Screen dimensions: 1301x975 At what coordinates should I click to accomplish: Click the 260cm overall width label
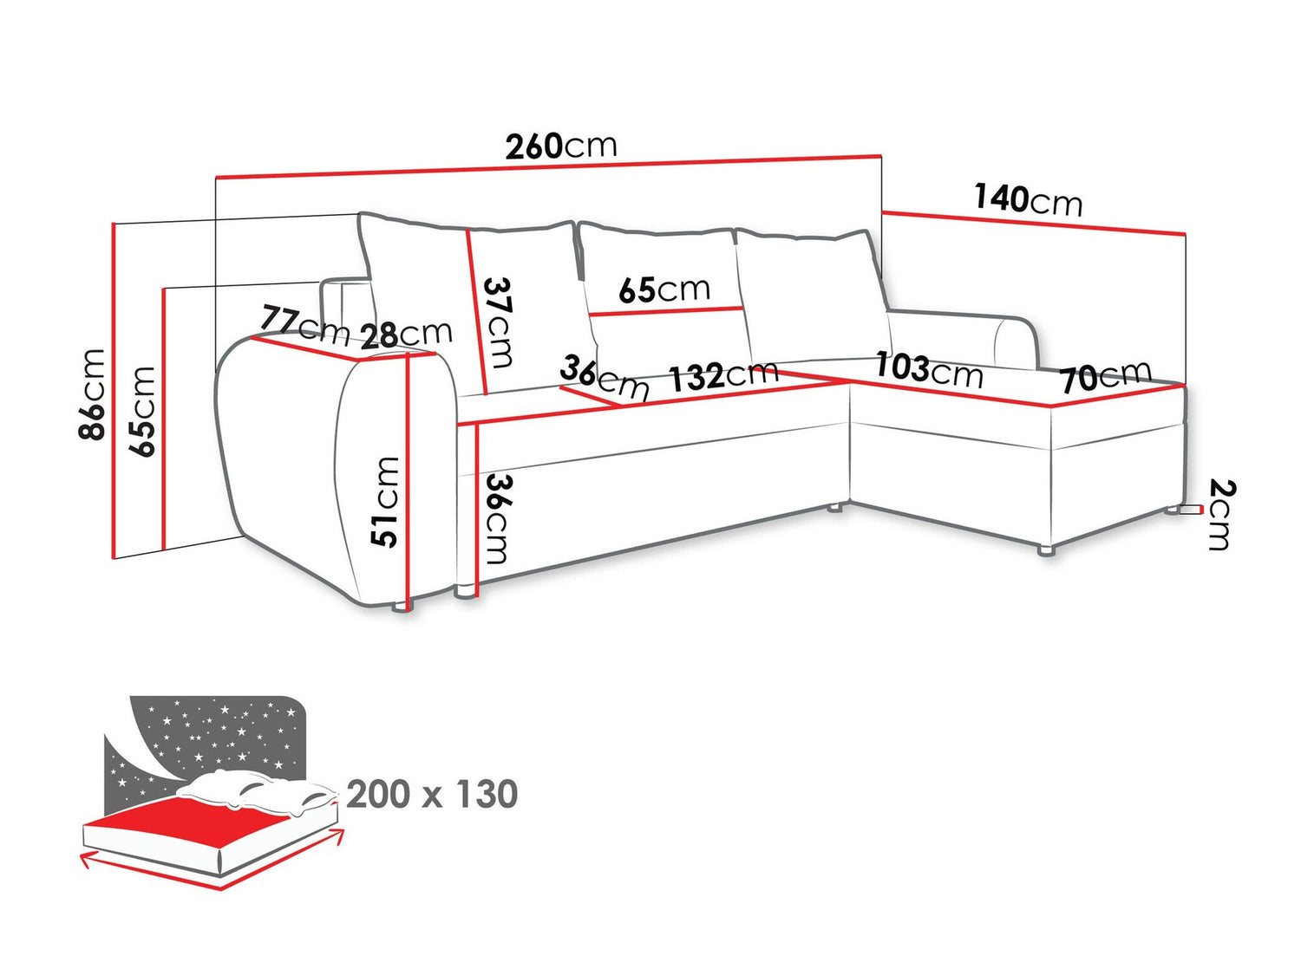pos(560,146)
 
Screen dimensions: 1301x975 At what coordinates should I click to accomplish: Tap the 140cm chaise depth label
pos(1029,199)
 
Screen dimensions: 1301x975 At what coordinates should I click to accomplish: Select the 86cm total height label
pos(91,394)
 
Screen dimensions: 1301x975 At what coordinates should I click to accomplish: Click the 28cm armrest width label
pos(406,335)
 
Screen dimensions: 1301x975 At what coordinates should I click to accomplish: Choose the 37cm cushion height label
pos(498,322)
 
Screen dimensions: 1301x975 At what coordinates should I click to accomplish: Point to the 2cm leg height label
pos(1222,515)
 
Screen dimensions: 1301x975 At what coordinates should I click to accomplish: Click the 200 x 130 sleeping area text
pos(432,794)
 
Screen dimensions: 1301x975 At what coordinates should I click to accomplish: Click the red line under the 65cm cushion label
pos(666,311)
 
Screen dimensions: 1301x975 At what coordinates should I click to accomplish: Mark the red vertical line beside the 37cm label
pos(477,312)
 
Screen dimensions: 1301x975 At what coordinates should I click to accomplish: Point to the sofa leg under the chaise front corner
pos(1047,550)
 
